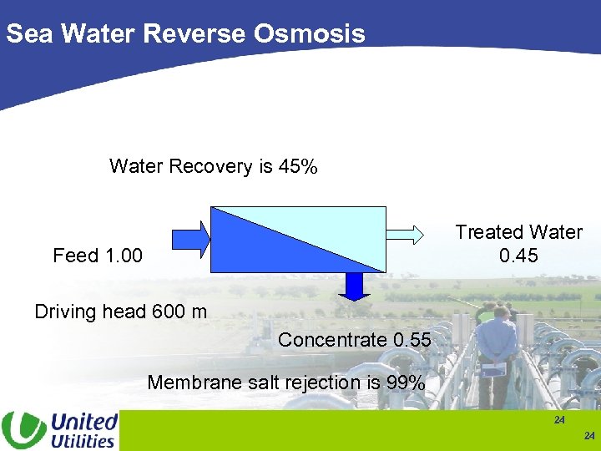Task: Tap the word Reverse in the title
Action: [196, 33]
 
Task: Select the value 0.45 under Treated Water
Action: [518, 256]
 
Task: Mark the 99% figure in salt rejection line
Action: [406, 383]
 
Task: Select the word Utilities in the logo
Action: [82, 440]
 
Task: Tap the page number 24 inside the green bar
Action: [559, 420]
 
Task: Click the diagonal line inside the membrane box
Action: [299, 240]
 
